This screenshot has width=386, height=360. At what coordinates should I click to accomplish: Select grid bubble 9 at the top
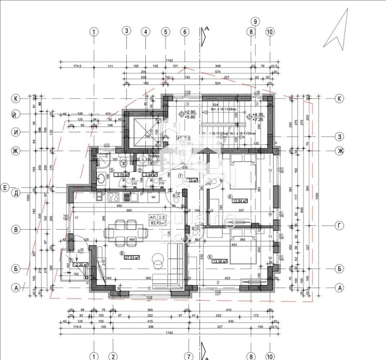pos(255,21)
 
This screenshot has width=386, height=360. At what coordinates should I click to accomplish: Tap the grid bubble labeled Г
pos(340,225)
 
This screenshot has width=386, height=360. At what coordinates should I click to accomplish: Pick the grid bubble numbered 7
pos(188,356)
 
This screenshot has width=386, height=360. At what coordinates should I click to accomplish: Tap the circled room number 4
pos(230,196)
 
